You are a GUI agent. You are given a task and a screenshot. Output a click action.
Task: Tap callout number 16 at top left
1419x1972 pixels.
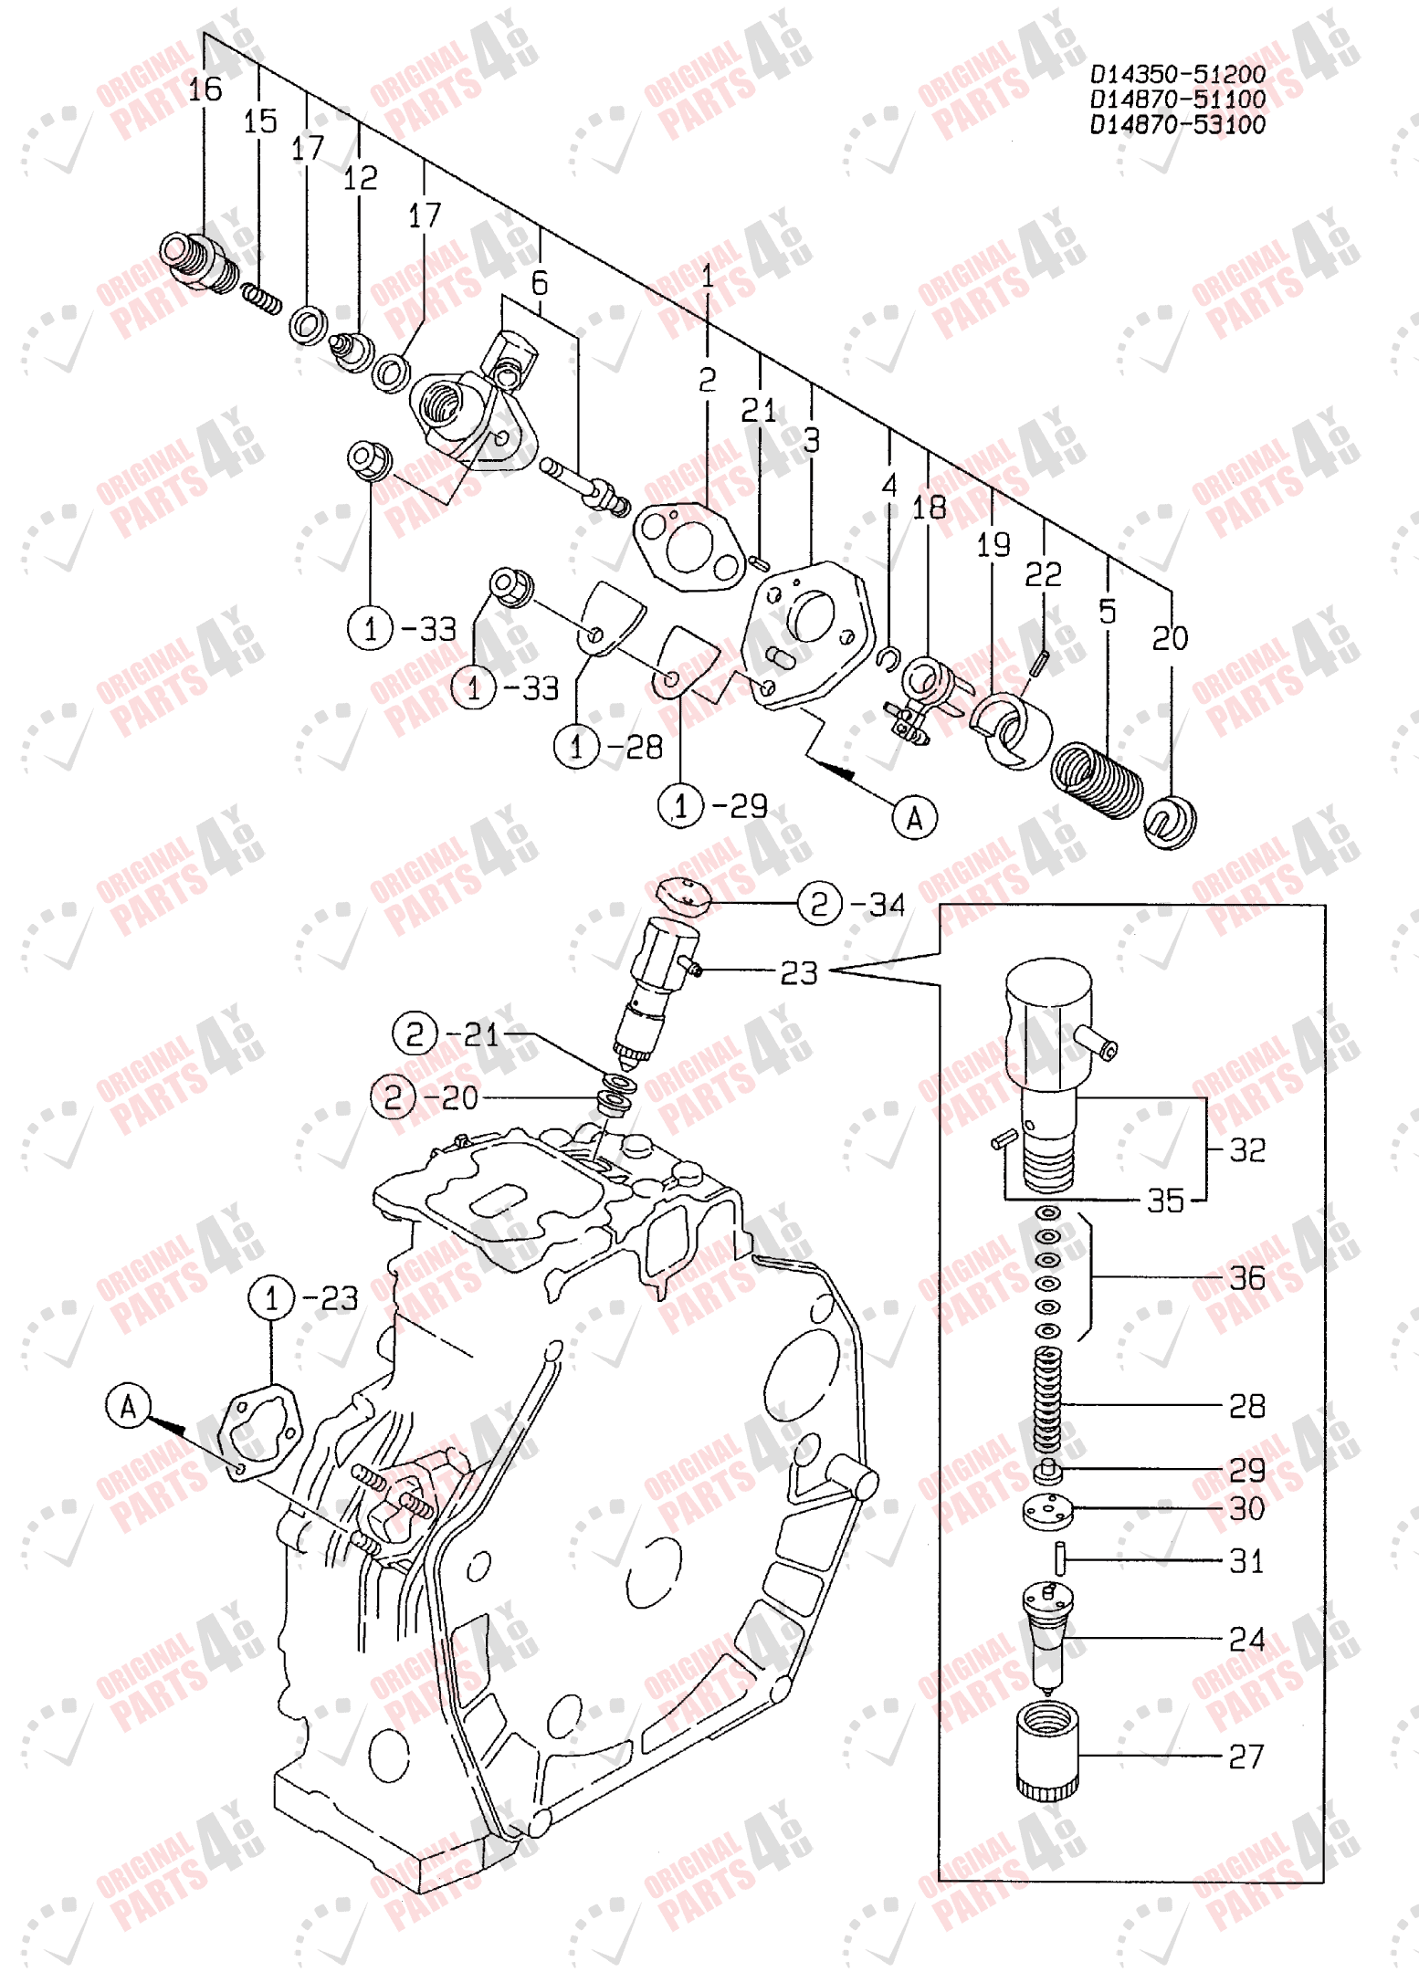click(205, 89)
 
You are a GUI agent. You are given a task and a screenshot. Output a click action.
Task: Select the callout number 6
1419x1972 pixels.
click(540, 283)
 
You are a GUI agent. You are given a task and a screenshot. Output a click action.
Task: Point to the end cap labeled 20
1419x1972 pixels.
click(1170, 822)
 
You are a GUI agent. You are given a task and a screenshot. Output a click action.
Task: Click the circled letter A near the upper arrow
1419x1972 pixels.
click(914, 817)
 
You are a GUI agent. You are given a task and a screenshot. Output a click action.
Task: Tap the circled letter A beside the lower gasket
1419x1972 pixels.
click(128, 1406)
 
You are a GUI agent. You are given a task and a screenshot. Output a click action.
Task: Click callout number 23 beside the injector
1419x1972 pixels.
click(798, 973)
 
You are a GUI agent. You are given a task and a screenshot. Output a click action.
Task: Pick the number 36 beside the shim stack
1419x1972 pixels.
click(1246, 1278)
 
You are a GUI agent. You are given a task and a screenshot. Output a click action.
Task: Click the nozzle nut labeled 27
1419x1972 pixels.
click(1047, 1751)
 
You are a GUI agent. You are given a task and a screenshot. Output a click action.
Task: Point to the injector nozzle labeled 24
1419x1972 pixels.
click(1047, 1634)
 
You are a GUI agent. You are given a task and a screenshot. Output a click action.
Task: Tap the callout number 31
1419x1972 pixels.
click(1246, 1561)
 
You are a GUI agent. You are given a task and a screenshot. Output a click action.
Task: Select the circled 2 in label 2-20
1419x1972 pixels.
click(394, 1096)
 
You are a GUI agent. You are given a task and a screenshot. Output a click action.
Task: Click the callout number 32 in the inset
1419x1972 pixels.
click(1246, 1149)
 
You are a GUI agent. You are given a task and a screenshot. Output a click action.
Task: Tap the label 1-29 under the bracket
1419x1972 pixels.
click(712, 806)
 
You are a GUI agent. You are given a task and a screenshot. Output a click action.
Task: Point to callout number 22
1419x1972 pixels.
click(1043, 575)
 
